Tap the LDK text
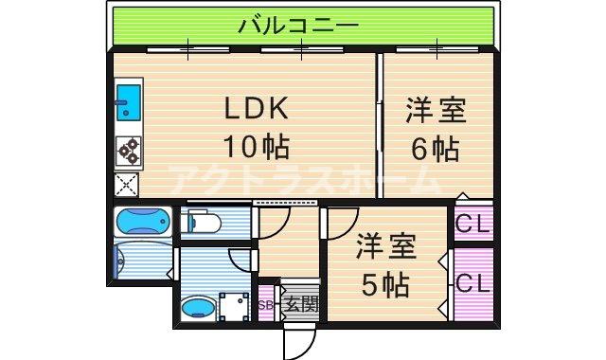pyautogui.click(x=255, y=110)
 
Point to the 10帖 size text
pyautogui.click(x=255, y=147)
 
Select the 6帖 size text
pyautogui.click(x=435, y=148)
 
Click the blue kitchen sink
pyautogui.click(x=128, y=102)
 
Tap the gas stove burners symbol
pyautogui.click(x=128, y=151)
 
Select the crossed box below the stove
pyautogui.click(x=127, y=184)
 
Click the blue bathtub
pyautogui.click(x=143, y=224)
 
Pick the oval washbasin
pyautogui.click(x=197, y=306)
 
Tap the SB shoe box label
pyautogui.click(x=266, y=304)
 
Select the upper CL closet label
pyautogui.click(x=472, y=225)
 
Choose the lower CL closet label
pyautogui.click(x=472, y=282)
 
